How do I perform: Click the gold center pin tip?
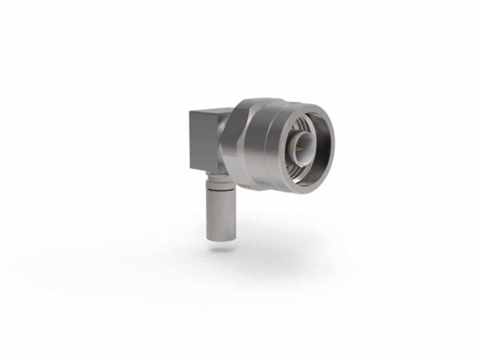point(302,147)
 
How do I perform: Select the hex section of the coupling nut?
point(240,144)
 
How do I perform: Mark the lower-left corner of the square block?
point(190,168)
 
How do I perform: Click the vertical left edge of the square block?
point(190,141)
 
